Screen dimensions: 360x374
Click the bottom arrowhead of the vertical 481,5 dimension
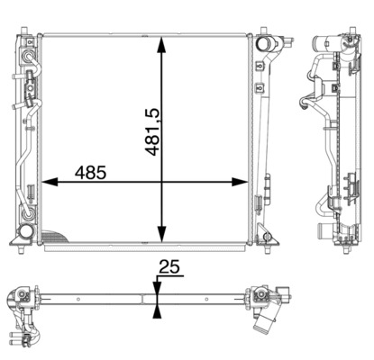click(x=161, y=236)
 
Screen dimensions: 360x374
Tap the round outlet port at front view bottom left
click(x=26, y=237)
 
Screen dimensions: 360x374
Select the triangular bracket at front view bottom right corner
click(x=268, y=238)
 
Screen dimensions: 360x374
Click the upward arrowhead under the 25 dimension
click(x=158, y=310)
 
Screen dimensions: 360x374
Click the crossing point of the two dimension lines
click(x=161, y=182)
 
